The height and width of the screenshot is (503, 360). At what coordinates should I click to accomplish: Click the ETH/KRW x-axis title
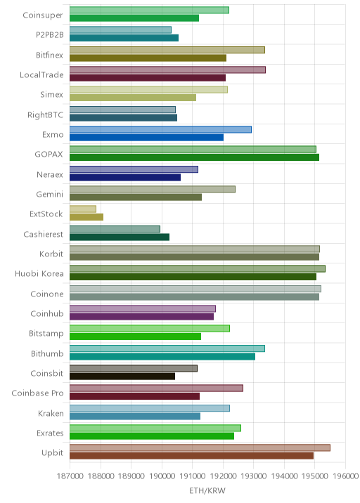[x=207, y=490]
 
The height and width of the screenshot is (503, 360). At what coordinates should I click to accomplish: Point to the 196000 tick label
[x=345, y=476]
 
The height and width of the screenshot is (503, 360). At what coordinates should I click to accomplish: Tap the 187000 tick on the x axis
[x=70, y=476]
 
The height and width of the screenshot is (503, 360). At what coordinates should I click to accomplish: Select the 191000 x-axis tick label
[x=193, y=476]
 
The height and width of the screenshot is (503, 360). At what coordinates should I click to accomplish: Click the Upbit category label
[x=52, y=452]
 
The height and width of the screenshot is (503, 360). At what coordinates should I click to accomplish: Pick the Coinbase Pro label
[x=37, y=393]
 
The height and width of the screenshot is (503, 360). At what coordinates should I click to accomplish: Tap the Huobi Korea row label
[x=39, y=274]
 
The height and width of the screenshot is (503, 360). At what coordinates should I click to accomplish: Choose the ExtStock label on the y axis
[x=46, y=214]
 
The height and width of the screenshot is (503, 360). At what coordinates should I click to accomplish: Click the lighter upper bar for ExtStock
[x=83, y=209]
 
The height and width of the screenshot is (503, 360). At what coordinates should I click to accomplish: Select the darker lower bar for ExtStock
[x=86, y=217]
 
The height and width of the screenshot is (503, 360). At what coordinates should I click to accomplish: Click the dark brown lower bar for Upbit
[x=191, y=456]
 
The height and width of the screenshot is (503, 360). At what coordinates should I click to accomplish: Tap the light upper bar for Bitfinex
[x=167, y=50]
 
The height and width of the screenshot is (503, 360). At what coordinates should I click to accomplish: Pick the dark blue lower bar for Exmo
[x=146, y=138]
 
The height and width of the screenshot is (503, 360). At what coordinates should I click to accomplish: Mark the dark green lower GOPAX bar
[x=194, y=157]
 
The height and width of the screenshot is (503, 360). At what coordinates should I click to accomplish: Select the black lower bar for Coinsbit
[x=122, y=377]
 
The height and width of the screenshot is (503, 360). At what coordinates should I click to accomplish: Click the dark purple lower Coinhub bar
[x=141, y=317]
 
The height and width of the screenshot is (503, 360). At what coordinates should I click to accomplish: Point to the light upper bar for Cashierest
[x=115, y=229]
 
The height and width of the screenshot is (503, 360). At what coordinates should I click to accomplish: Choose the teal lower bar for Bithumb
[x=162, y=356]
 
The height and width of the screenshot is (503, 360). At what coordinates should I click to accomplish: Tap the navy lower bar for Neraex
[x=125, y=178]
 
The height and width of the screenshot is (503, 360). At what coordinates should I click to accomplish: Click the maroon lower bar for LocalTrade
[x=148, y=78]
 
